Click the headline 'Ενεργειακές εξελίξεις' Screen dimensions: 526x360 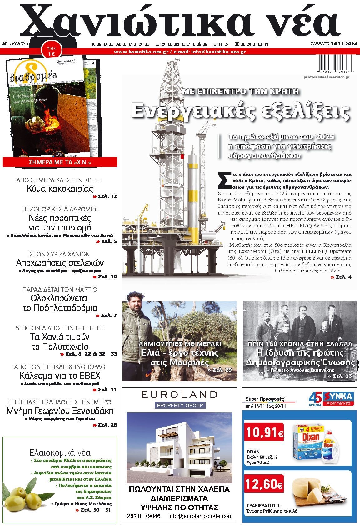pyautogui.click(x=240, y=111)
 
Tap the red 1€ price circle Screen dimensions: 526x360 pyautogui.click(x=51, y=51)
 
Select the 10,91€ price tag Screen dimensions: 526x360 pyautogui.click(x=264, y=433)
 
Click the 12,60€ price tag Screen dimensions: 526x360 pyautogui.click(x=264, y=484)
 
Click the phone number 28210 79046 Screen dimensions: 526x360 pyautogui.click(x=144, y=516)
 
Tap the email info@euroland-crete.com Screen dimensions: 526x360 pyautogui.click(x=200, y=516)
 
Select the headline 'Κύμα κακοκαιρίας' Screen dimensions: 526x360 pyautogui.click(x=60, y=189)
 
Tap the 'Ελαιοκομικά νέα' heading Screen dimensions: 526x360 pyautogui.click(x=60, y=452)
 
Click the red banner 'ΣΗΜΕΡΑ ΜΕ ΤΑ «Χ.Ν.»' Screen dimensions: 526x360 pyautogui.click(x=60, y=162)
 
